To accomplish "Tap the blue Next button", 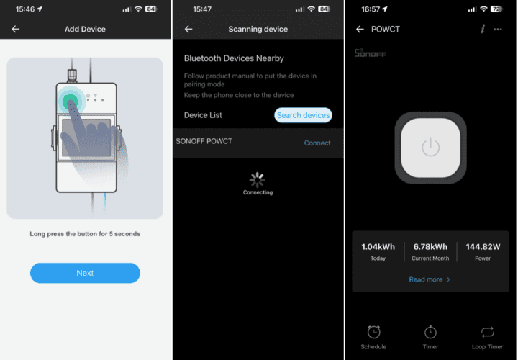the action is click(85, 273).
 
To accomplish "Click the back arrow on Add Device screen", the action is click(16, 29).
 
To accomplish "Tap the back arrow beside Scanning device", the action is click(188, 29).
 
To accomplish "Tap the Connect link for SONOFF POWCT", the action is click(317, 143).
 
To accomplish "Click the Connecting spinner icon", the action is click(258, 180).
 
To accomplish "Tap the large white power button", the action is click(430, 148).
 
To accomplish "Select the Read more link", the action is click(430, 279).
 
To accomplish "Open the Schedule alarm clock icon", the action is click(373, 332).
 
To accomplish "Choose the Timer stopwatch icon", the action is click(430, 332).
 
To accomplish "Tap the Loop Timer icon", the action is click(488, 332).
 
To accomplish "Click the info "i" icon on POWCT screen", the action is click(483, 29).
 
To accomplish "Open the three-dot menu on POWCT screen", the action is click(498, 30).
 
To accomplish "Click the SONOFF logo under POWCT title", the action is click(371, 53).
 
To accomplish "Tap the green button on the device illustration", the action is click(70, 101).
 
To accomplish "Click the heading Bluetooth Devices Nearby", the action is click(234, 58).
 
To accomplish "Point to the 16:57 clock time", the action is click(371, 9).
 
